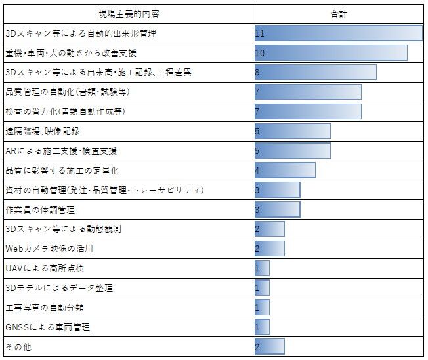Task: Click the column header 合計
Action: (339, 13)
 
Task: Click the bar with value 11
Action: (339, 33)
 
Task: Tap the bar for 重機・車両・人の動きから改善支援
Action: (331, 52)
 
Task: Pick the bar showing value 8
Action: (316, 72)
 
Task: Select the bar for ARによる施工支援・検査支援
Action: (293, 151)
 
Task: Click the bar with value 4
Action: (285, 170)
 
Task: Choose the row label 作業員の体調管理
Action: (40, 210)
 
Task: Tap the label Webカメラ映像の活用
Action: (49, 249)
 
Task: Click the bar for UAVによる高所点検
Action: (262, 268)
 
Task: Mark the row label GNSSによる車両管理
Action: (47, 327)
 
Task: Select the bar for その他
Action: (270, 346)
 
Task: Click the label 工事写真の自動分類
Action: (45, 307)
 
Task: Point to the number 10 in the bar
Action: (260, 52)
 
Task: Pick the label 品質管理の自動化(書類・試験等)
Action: (67, 92)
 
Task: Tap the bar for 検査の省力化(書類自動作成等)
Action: (308, 111)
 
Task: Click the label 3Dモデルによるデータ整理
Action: (59, 287)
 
